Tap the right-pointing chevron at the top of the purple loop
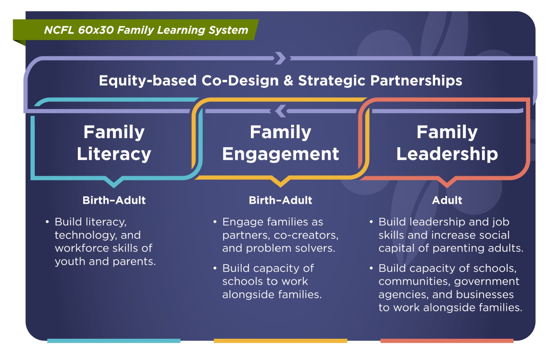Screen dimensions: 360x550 [x=280, y=58]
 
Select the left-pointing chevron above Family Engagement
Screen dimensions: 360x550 [x=281, y=111]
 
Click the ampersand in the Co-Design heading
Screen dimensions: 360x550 [x=288, y=81]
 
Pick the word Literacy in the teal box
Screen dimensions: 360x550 [x=114, y=154]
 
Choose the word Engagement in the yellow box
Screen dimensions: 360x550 [x=280, y=154]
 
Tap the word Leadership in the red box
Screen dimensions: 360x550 [x=447, y=154]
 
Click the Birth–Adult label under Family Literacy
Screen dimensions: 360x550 [x=114, y=200]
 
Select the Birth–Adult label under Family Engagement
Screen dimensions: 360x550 [x=280, y=200]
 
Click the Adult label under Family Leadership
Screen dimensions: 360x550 [x=447, y=200]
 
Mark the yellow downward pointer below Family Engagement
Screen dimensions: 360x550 [x=280, y=182]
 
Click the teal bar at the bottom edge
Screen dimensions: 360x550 [x=114, y=341]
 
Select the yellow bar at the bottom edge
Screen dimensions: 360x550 [x=280, y=341]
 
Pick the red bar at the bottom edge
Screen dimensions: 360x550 [x=447, y=341]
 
